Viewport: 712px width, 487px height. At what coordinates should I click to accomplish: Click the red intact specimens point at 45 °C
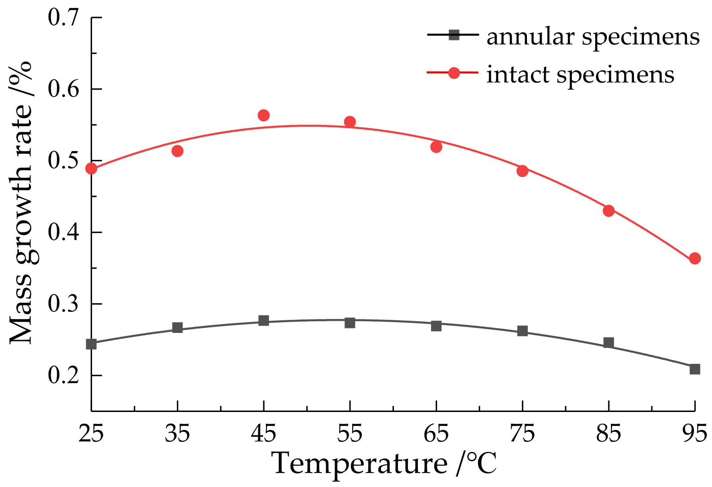pos(264,115)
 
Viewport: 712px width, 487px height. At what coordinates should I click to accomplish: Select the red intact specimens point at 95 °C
pos(694,258)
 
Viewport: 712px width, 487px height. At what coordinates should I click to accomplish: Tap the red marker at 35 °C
pos(177,151)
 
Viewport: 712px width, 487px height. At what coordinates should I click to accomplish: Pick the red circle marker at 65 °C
pos(436,147)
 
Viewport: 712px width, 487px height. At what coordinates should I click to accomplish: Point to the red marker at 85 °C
pos(609,211)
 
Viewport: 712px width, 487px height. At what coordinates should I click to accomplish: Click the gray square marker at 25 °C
pos(91,344)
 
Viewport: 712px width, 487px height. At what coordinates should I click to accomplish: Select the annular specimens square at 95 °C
pos(694,369)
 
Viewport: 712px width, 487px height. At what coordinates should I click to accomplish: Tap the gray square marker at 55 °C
pos(350,323)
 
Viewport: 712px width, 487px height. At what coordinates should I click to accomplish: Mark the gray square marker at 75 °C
pos(522,331)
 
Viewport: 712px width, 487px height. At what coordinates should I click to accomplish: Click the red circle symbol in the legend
pos(454,73)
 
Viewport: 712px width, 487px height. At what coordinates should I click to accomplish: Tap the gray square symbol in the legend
pos(454,35)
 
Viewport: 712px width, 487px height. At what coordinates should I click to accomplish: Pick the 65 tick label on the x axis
pos(436,434)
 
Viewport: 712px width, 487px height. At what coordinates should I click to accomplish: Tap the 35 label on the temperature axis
pos(177,434)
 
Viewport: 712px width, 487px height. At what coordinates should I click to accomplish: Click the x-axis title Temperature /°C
pos(385,464)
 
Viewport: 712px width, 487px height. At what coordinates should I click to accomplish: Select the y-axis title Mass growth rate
pos(22,202)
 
